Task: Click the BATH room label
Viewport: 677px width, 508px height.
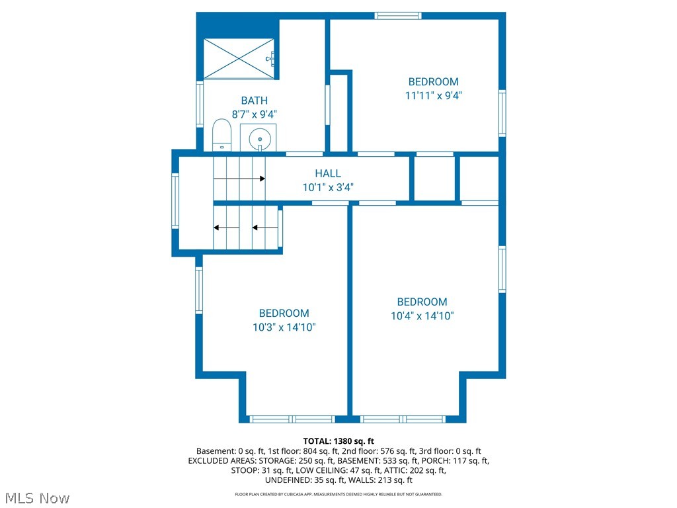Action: coord(255,101)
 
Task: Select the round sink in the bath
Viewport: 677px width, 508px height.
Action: coord(260,139)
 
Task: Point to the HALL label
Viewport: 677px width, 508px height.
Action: coord(328,174)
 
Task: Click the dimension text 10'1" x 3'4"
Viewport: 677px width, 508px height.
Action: coord(328,187)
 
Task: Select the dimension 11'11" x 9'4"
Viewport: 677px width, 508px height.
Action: coord(433,95)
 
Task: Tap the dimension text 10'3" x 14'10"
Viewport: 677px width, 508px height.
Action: coord(284,327)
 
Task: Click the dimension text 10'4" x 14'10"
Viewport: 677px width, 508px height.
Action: coord(422,316)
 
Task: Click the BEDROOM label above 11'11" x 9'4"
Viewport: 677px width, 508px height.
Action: coord(433,82)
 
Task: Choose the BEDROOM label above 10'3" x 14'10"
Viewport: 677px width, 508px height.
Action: coord(284,314)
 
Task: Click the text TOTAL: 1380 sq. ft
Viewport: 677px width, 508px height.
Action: coord(338,441)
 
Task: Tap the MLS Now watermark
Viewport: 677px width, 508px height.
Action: coord(36,497)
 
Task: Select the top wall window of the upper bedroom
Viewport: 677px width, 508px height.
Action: coord(398,15)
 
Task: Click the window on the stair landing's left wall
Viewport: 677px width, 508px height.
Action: coord(175,200)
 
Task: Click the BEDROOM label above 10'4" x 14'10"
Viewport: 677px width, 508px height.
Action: coord(422,302)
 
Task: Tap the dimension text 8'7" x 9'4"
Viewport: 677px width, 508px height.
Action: coord(255,114)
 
